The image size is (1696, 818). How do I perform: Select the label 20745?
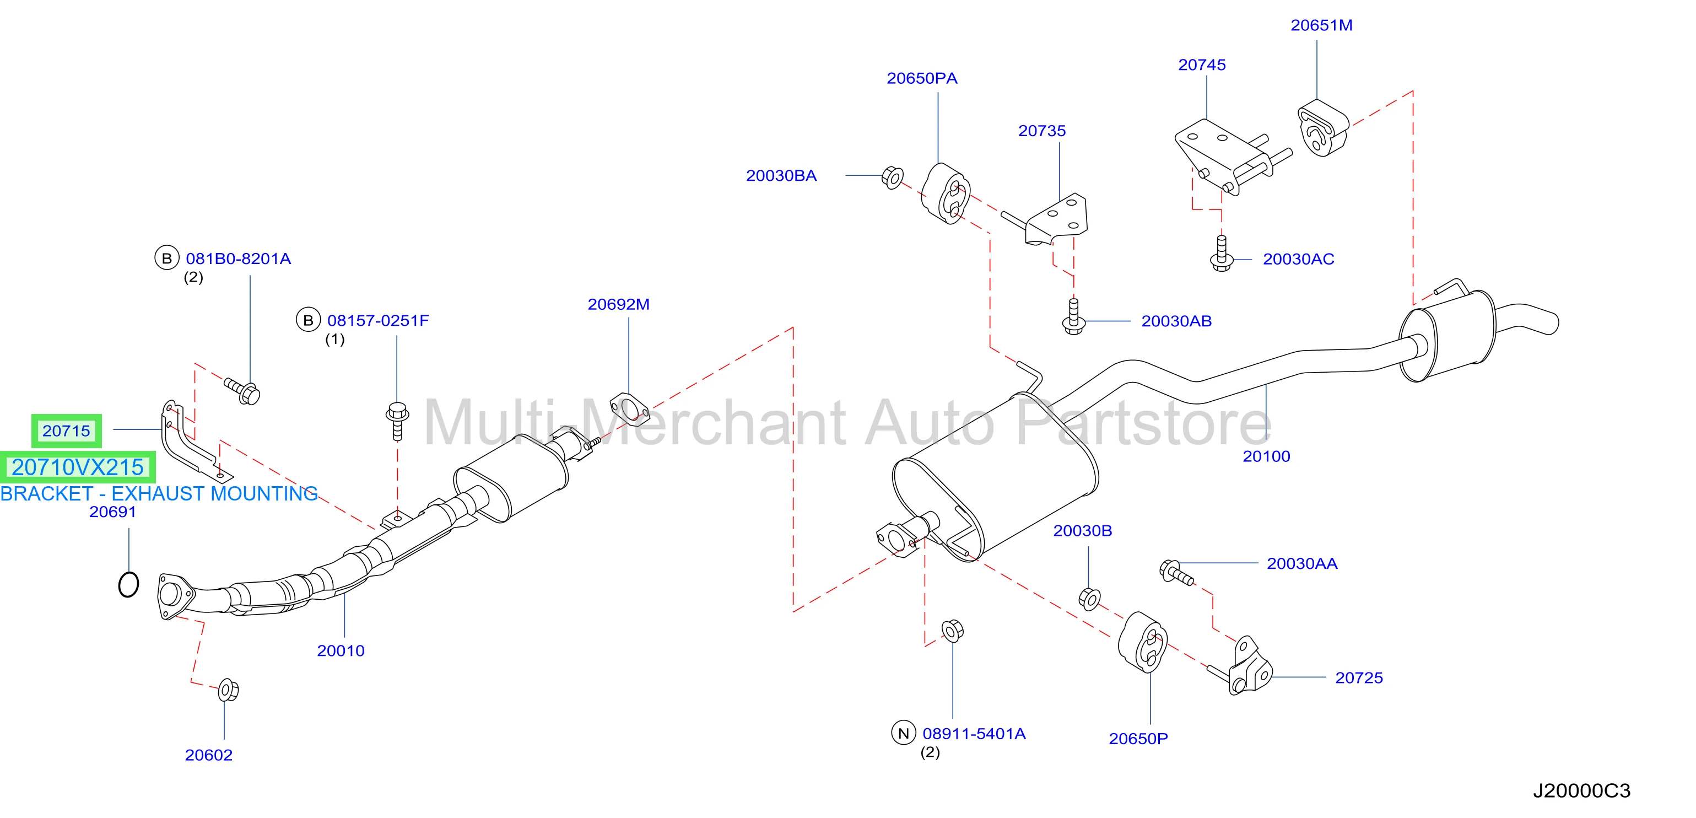click(1202, 65)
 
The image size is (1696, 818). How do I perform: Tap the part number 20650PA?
click(922, 78)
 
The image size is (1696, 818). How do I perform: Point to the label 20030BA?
click(781, 176)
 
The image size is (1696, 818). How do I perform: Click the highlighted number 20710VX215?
click(78, 467)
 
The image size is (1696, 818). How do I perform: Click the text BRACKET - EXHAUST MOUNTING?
click(159, 493)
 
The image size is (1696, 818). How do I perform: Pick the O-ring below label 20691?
click(128, 584)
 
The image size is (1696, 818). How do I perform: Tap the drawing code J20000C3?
click(1581, 790)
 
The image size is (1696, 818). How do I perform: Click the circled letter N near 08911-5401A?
click(903, 733)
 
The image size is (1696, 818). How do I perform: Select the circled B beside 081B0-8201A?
click(166, 258)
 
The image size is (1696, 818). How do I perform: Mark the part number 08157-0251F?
click(378, 321)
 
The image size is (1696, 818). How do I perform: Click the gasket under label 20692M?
click(629, 408)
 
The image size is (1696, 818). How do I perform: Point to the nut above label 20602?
click(228, 690)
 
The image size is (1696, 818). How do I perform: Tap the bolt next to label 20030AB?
click(1074, 317)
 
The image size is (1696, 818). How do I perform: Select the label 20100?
click(1266, 456)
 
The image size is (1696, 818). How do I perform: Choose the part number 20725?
click(1359, 677)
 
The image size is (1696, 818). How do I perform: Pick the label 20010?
click(341, 651)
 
